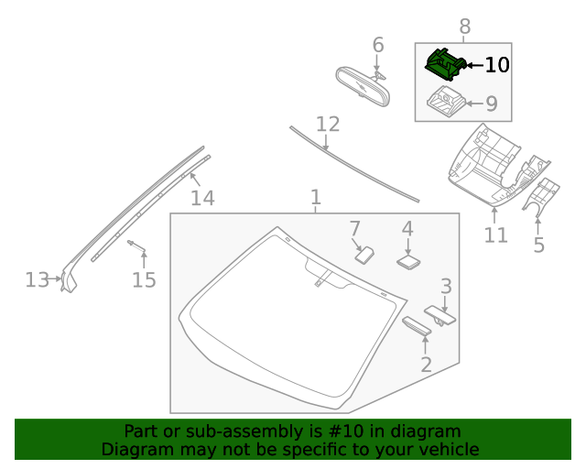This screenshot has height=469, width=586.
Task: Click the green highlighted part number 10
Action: click(x=445, y=64)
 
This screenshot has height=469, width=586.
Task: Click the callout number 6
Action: click(x=378, y=45)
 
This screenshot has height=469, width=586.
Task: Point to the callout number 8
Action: click(x=465, y=27)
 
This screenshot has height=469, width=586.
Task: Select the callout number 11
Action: click(x=495, y=235)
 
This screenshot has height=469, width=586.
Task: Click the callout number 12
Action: click(x=328, y=124)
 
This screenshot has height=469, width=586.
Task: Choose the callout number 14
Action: click(x=202, y=198)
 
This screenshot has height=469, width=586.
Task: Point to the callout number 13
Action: click(x=37, y=279)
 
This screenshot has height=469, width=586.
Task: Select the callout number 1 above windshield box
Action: click(x=315, y=197)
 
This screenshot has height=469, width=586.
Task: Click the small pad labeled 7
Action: click(x=364, y=253)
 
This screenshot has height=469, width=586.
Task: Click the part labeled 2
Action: click(x=418, y=327)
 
